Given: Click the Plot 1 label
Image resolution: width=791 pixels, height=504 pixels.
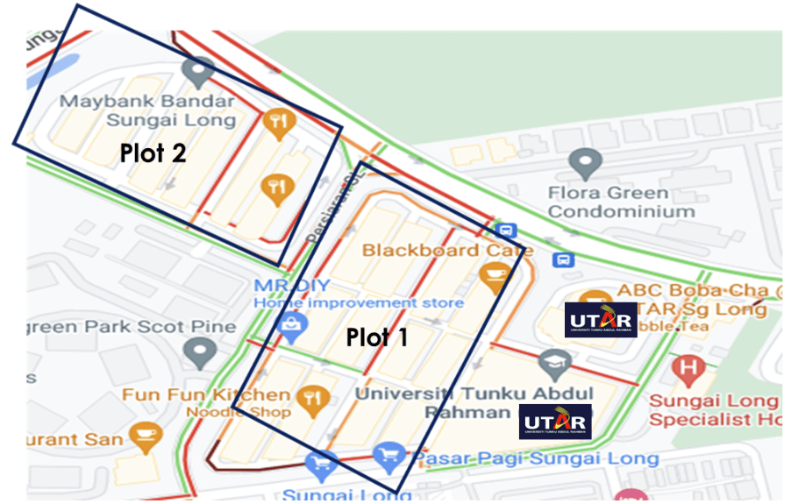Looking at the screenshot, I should (x=376, y=337).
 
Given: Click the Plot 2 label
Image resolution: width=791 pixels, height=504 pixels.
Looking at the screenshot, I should (x=153, y=153).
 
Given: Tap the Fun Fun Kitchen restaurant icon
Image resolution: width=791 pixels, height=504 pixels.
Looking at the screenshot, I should (x=311, y=400).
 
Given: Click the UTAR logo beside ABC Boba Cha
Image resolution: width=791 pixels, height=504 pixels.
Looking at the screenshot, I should (x=601, y=320).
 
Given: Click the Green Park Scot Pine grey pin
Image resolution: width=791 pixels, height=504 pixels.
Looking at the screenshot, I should (x=201, y=352).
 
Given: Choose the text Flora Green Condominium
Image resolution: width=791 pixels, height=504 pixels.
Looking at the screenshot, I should (x=620, y=202).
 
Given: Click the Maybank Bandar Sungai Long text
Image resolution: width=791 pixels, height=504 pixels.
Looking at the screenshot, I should (x=148, y=110).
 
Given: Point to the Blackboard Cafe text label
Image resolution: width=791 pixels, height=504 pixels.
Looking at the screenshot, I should (x=434, y=250).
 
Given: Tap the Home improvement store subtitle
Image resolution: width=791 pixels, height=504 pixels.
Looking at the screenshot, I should (x=359, y=303).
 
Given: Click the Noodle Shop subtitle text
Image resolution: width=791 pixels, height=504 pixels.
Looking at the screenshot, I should (x=238, y=412).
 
